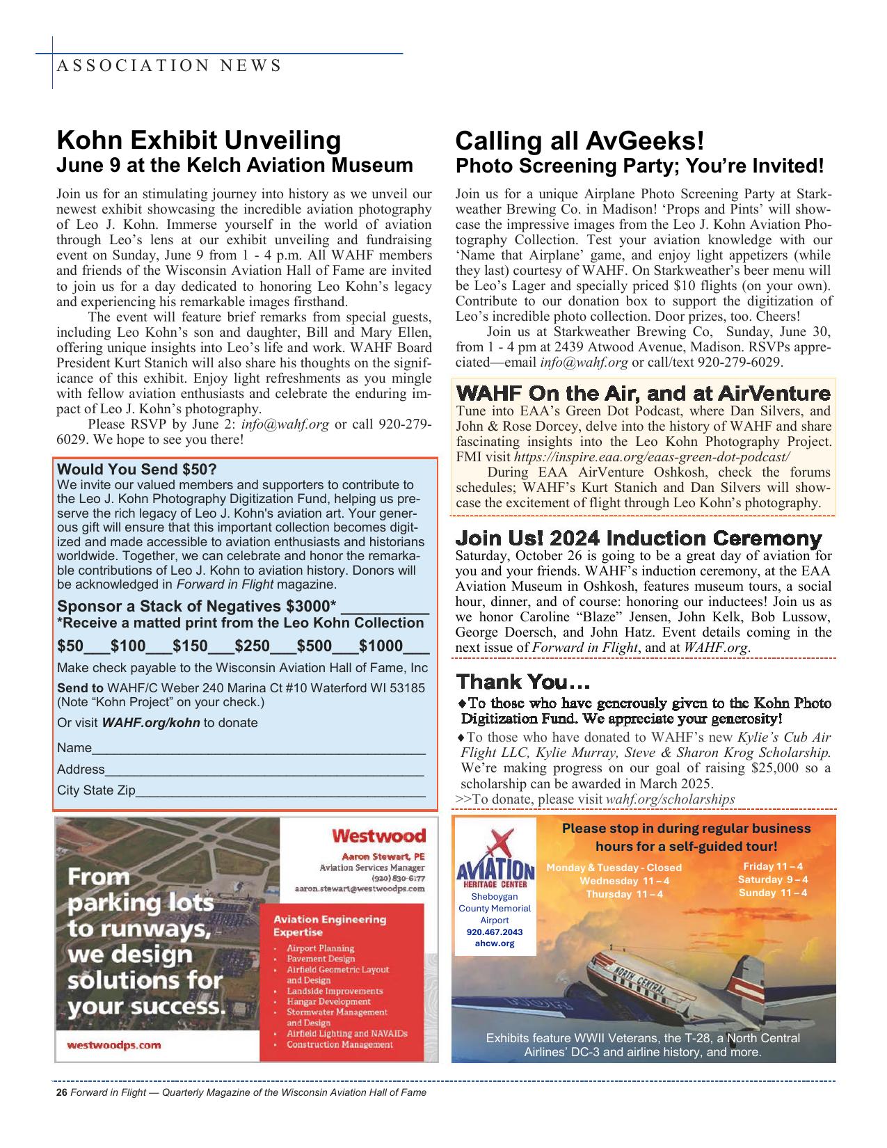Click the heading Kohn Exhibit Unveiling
[x=198, y=140]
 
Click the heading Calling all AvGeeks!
[x=580, y=141]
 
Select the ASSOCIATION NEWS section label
[x=168, y=66]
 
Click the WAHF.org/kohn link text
[x=151, y=723]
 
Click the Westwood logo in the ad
[x=378, y=835]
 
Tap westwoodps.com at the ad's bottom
[x=113, y=1044]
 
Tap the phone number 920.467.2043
[x=494, y=932]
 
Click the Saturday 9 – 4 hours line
[x=772, y=879]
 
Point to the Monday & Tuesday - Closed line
[x=614, y=868]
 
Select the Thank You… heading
[x=522, y=680]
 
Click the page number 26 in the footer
[x=61, y=1092]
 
